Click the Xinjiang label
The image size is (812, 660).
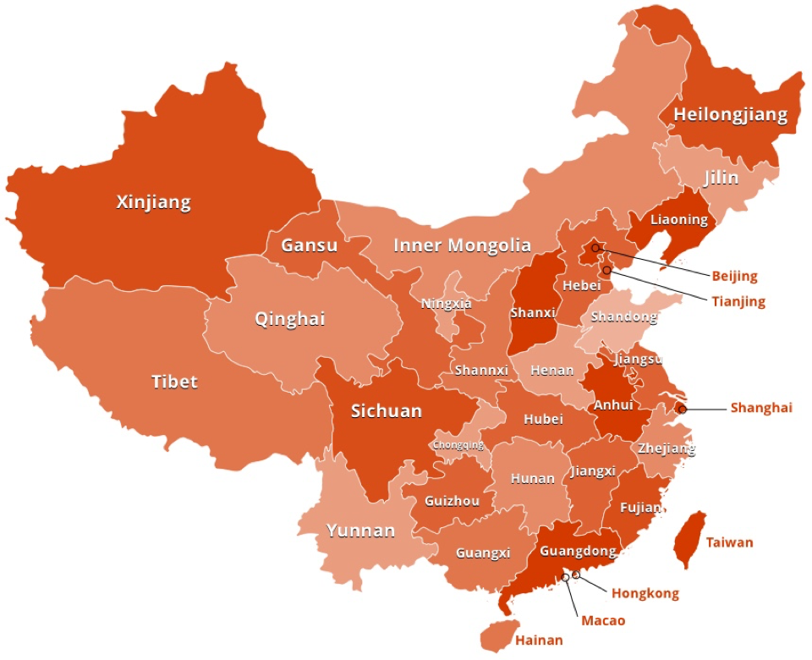pyautogui.click(x=153, y=202)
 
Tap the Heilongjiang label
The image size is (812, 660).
pyautogui.click(x=730, y=114)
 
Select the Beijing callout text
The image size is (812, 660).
pyautogui.click(x=734, y=276)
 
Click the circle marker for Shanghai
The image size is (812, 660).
pyautogui.click(x=683, y=409)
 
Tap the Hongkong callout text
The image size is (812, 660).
pyautogui.click(x=645, y=593)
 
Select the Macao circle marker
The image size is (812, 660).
pyautogui.click(x=566, y=578)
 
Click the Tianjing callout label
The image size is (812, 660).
pyautogui.click(x=738, y=301)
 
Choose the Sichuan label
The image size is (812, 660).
pyautogui.click(x=387, y=411)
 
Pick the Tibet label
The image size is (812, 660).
pyautogui.click(x=174, y=382)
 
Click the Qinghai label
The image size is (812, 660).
pyautogui.click(x=290, y=320)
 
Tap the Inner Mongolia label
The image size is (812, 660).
pyautogui.click(x=462, y=245)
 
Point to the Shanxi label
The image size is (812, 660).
pyautogui.click(x=533, y=312)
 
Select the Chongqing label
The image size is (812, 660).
pyautogui.click(x=458, y=444)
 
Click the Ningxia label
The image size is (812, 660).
pyautogui.click(x=446, y=303)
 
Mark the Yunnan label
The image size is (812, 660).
pyautogui.click(x=360, y=531)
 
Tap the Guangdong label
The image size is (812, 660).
pyautogui.click(x=577, y=551)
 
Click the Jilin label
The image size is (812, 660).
pyautogui.click(x=721, y=178)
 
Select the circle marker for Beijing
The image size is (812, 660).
pyautogui.click(x=595, y=248)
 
